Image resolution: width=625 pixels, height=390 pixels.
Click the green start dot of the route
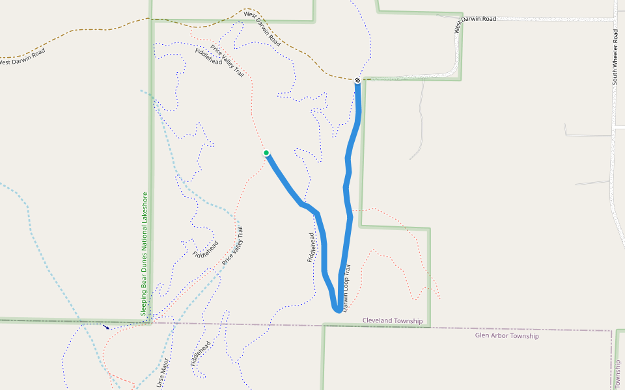266,153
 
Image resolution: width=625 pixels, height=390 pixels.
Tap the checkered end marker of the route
357,80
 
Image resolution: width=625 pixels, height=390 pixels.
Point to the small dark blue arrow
106,326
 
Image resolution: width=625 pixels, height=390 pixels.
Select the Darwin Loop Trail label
347,288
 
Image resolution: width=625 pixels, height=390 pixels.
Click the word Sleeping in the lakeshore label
145,302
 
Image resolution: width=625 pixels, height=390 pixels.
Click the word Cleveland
378,321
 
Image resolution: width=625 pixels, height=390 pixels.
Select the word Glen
482,336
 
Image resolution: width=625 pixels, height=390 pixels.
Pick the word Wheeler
615,54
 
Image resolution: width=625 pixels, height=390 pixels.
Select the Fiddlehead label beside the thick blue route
311,248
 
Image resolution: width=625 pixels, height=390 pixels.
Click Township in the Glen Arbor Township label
525,336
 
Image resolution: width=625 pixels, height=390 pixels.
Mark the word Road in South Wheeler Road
615,35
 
